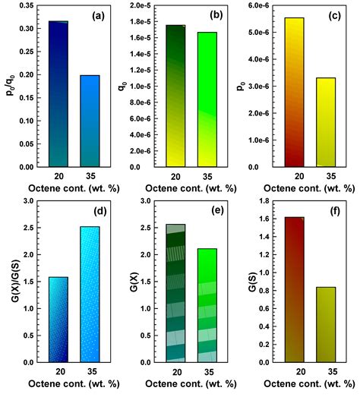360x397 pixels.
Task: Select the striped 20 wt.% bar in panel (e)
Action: point(175,292)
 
